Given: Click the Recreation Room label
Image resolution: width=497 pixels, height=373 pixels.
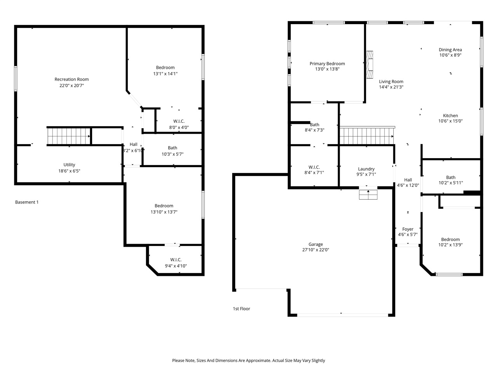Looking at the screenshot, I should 71,79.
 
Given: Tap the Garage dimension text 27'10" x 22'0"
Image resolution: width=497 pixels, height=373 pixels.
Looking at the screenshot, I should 316,250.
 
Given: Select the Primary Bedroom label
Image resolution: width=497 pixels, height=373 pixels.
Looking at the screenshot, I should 327,64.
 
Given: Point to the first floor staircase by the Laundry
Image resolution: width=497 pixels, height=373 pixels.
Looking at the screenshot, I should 366,136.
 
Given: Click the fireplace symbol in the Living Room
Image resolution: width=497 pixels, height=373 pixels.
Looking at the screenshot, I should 370,64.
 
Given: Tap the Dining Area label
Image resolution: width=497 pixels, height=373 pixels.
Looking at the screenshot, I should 450,50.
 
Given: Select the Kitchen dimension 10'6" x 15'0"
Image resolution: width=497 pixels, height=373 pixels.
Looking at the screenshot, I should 450,121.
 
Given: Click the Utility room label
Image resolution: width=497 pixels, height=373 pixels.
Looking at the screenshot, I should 70,165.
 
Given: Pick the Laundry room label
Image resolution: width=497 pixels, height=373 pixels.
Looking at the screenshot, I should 366,169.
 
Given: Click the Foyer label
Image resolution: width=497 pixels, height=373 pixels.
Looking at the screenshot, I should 408,229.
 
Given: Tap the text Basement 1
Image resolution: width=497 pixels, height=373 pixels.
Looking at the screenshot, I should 27,202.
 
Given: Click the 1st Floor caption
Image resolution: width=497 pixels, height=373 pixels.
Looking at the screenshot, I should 242,309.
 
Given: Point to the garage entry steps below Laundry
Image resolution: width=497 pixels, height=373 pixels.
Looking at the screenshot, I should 368,194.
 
